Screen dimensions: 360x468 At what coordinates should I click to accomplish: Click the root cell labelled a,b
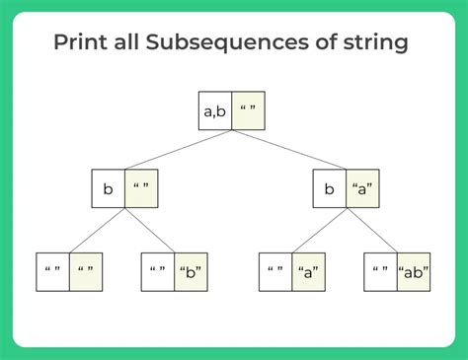tap(215, 112)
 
